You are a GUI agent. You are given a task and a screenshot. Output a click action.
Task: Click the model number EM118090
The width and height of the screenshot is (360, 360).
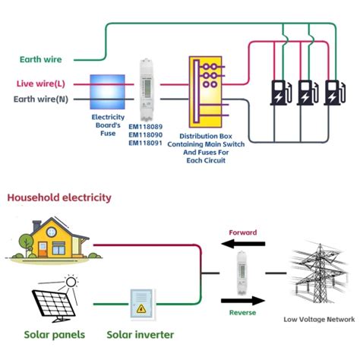click(144, 135)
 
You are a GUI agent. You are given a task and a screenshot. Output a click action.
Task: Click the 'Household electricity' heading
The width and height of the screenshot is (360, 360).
click(59, 197)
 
